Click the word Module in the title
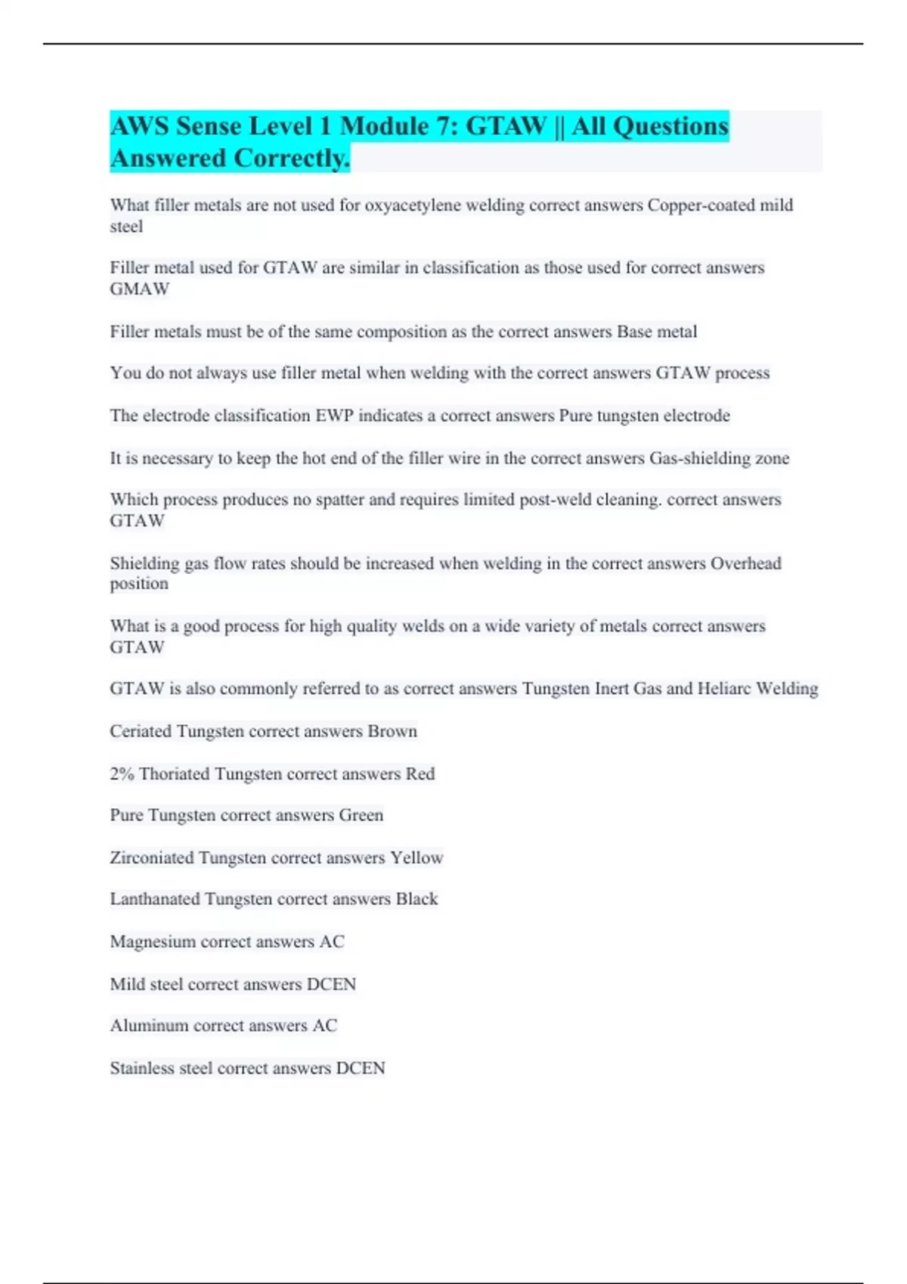tap(384, 126)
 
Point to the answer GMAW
tap(140, 289)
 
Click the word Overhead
tap(745, 563)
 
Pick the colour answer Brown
tap(392, 731)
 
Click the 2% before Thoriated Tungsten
tap(122, 774)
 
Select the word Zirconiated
tap(152, 858)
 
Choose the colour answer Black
tap(416, 899)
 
